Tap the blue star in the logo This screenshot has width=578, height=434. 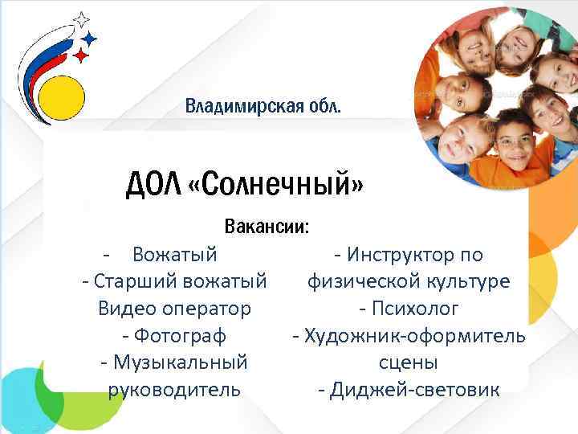click(x=91, y=38)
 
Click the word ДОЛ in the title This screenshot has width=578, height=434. click(x=152, y=186)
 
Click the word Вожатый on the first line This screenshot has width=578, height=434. click(x=175, y=255)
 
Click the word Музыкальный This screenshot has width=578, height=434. click(x=180, y=362)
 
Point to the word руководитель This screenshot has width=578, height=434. click(x=173, y=390)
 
